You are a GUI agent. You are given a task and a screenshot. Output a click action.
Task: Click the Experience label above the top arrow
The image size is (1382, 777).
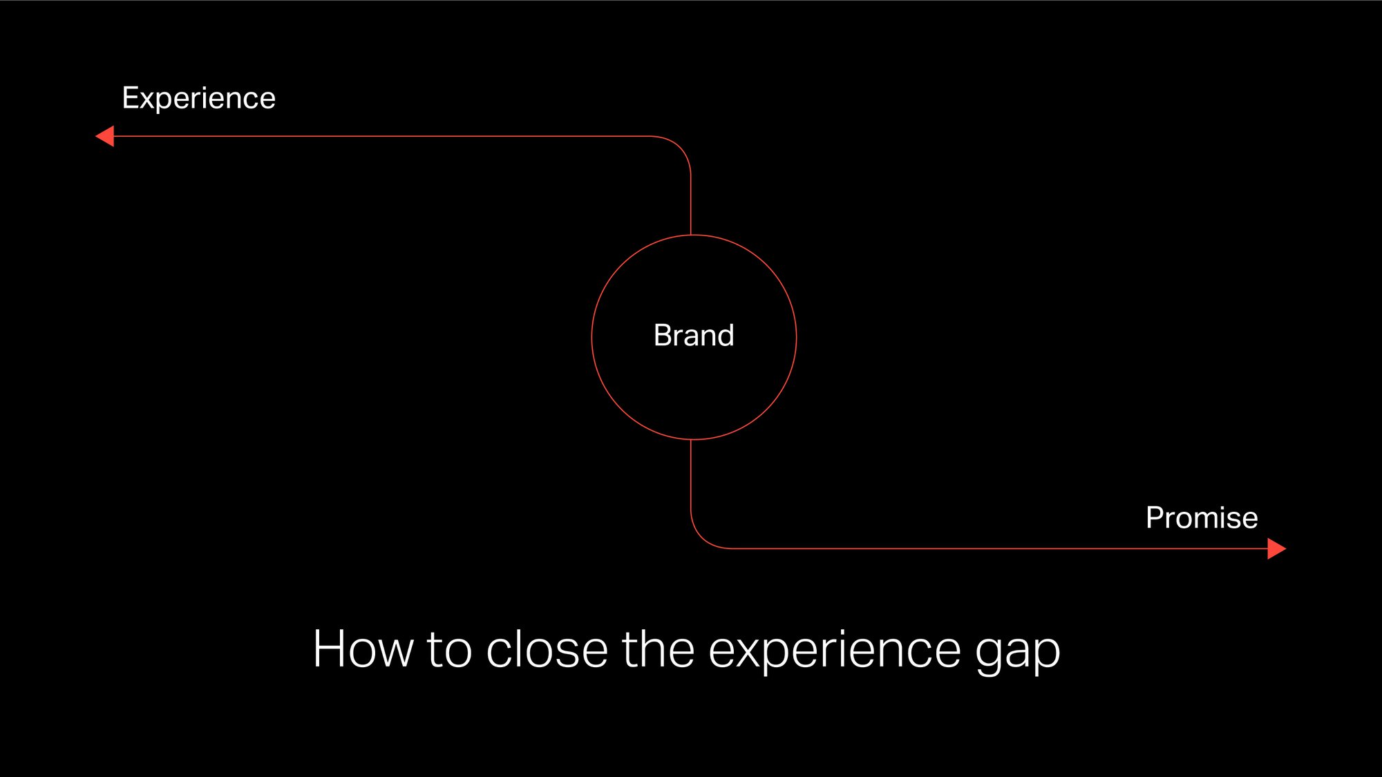[199, 98]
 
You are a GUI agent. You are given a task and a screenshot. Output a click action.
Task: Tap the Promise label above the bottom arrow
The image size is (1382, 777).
[1202, 518]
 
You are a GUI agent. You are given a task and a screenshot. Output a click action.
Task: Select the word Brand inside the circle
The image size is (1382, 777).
[694, 336]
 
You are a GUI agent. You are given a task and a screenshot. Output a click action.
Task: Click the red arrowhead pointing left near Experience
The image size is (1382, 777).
[106, 136]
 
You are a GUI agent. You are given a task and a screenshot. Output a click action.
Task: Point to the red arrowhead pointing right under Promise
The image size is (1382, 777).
[1276, 549]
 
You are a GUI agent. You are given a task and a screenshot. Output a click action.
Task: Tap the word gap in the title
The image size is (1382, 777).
[1017, 653]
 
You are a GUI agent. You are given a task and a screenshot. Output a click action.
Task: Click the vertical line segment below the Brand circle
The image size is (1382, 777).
[691, 477]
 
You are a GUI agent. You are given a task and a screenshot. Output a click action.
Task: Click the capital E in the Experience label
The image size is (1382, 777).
[131, 98]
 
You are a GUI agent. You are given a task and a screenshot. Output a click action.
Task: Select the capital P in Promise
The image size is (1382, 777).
[1155, 518]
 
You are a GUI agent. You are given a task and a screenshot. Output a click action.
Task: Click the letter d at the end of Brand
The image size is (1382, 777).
[725, 336]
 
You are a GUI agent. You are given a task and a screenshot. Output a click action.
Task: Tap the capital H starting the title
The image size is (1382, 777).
[331, 649]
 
